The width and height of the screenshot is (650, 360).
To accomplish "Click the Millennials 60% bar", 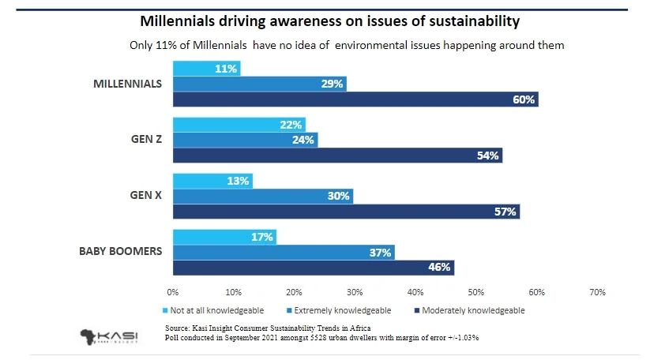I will [x=355, y=99].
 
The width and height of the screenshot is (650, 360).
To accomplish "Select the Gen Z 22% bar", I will [x=239, y=125].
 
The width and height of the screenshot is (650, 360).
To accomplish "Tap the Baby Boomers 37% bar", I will [x=284, y=252].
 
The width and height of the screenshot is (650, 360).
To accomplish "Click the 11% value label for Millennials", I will [x=226, y=69].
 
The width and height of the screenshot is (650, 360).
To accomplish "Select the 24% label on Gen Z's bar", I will [x=303, y=141].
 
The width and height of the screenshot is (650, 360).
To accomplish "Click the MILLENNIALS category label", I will [x=127, y=84].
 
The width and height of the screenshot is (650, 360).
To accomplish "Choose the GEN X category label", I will [x=146, y=196].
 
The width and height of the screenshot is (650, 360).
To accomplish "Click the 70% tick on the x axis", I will [x=597, y=292].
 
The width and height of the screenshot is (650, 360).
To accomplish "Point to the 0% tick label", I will [x=173, y=292].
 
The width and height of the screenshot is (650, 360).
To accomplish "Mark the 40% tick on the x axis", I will [x=415, y=292].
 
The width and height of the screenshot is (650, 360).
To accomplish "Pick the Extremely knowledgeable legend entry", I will [x=344, y=310].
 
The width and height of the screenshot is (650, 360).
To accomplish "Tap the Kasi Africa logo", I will [x=109, y=336].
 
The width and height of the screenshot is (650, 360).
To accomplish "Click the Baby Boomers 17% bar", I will [x=224, y=236].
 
